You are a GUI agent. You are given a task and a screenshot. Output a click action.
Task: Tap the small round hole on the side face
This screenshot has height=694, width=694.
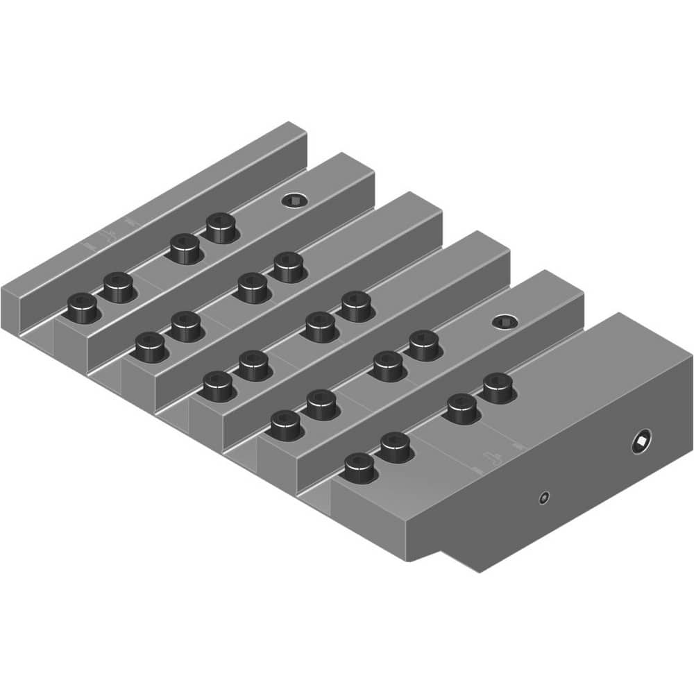pyautogui.click(x=545, y=497)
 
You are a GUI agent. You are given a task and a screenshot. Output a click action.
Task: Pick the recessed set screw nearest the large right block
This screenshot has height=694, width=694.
pyautogui.click(x=505, y=321)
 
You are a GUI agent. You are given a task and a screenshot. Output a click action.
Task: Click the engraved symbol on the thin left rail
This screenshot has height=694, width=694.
pyautogui.click(x=110, y=232)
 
